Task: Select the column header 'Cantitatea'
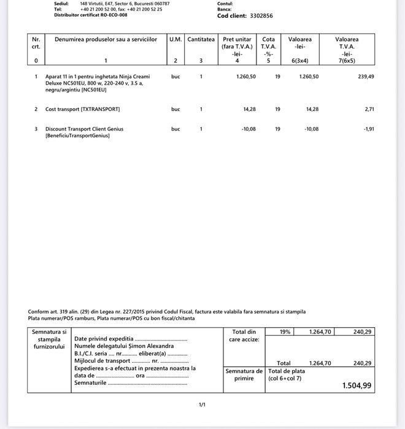(201, 39)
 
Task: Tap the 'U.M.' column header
(175, 39)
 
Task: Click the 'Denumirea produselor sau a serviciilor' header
(106, 39)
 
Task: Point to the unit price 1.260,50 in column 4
(246, 77)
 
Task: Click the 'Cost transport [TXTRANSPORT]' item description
(83, 109)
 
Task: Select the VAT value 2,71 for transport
(369, 109)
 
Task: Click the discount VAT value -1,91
(368, 129)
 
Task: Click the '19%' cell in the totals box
(285, 331)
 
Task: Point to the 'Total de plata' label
(285, 371)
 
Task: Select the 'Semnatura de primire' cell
(244, 374)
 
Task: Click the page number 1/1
(202, 404)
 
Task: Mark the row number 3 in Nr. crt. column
(36, 129)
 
